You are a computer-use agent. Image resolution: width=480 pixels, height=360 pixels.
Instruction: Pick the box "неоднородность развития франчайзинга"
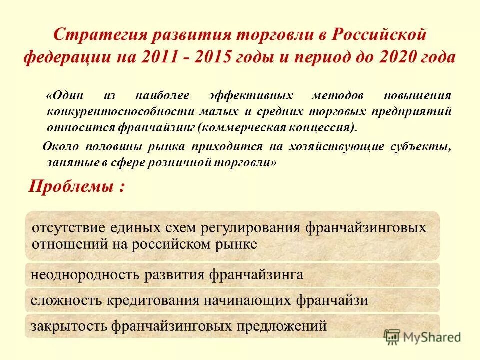tap(232, 274)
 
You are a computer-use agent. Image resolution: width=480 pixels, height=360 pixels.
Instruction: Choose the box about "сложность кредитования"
tap(232, 300)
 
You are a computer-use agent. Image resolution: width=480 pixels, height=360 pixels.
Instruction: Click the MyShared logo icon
tap(392, 336)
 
